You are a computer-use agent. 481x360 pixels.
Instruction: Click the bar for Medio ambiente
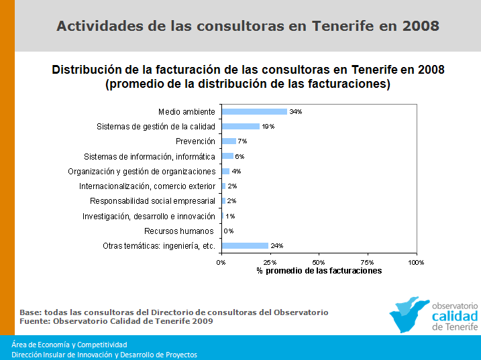click(x=254, y=111)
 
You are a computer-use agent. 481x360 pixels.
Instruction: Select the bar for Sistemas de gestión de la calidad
click(x=240, y=126)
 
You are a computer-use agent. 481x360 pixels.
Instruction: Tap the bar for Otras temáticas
click(x=245, y=246)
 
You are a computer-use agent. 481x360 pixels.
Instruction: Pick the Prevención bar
click(x=229, y=141)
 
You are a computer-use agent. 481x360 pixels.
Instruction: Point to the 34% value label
click(x=296, y=112)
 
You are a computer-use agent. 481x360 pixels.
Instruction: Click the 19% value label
click(x=268, y=127)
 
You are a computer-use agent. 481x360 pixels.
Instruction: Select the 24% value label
click(x=276, y=246)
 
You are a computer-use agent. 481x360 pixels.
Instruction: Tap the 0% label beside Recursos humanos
click(x=229, y=231)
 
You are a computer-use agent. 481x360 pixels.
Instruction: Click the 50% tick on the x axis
click(x=319, y=262)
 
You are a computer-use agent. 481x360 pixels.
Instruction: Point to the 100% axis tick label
click(x=417, y=262)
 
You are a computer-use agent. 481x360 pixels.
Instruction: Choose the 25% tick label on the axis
click(x=270, y=262)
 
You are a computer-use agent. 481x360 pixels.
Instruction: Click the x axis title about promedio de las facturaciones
click(x=319, y=271)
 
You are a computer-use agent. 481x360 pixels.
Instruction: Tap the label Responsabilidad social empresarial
click(x=152, y=201)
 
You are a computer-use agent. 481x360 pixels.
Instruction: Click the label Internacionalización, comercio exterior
click(x=147, y=186)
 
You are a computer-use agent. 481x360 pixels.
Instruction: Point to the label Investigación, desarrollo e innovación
click(x=149, y=217)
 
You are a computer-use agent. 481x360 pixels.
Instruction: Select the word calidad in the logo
click(x=455, y=316)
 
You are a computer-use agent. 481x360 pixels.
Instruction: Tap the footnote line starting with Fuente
click(x=116, y=321)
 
